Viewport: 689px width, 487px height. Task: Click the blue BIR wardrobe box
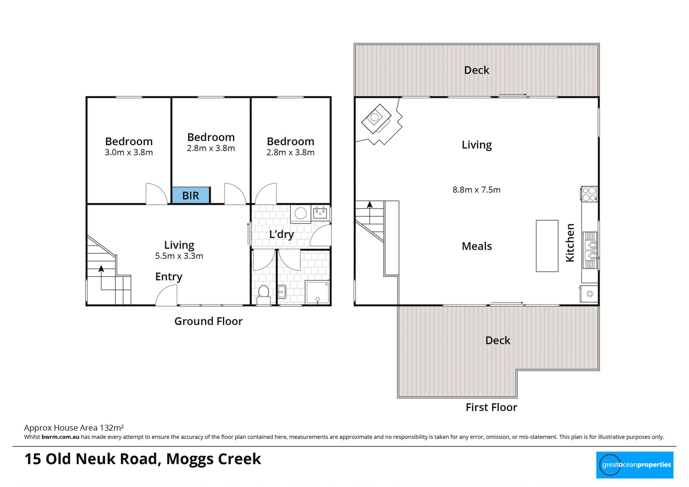pos(191,195)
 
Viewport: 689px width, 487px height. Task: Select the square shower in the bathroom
pos(317,292)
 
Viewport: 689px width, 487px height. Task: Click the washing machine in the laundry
pos(300,214)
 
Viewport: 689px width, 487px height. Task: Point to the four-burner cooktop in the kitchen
pos(589,194)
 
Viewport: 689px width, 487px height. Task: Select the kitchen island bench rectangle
pos(547,246)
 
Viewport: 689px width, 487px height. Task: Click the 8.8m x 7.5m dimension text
pos(477,189)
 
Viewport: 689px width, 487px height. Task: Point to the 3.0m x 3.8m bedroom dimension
pos(129,152)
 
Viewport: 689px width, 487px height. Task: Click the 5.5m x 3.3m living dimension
pos(179,256)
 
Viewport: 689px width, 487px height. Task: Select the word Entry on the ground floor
pos(169,277)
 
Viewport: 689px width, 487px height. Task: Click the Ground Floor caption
pos(208,321)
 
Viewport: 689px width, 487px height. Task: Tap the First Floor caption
pos(491,407)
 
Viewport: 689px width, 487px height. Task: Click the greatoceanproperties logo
pos(635,465)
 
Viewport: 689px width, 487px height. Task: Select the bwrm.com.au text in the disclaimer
pos(60,437)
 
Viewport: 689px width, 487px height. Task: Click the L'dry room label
pos(282,234)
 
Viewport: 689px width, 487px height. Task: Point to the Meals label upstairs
pos(477,246)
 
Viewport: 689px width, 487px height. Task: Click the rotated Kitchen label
pos(570,243)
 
